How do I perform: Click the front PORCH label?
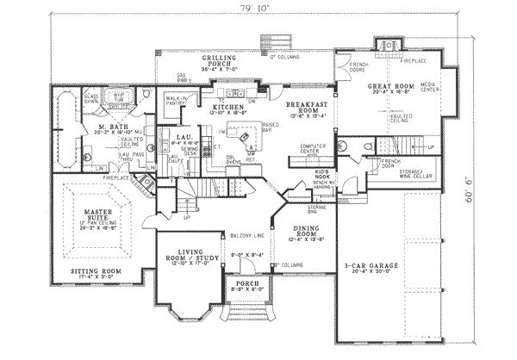click(246, 286)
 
